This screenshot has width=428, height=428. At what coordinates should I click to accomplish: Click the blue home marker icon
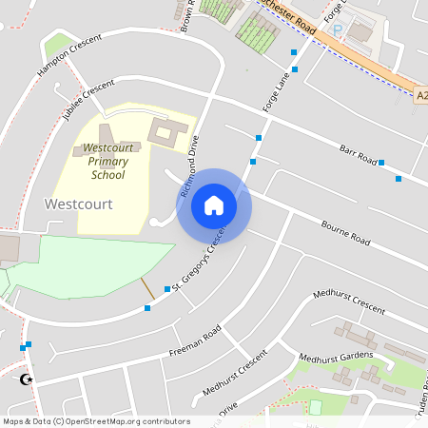point(214,205)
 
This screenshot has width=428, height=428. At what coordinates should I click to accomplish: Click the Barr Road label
point(359,152)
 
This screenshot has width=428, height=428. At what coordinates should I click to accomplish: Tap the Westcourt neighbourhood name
point(79,204)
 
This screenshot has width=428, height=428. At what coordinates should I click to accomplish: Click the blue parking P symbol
point(337,30)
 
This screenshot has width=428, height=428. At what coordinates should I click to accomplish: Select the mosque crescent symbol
point(26,379)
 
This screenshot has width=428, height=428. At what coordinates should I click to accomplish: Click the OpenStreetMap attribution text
point(96,421)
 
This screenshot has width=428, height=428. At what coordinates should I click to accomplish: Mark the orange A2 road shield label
point(421,94)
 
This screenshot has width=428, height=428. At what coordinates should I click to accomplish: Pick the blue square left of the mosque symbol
point(22,348)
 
